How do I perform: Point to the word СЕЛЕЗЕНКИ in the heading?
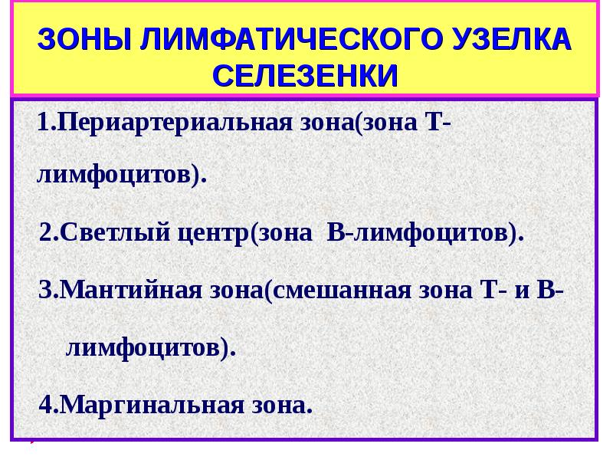pyautogui.click(x=306, y=75)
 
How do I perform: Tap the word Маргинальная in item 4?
pyautogui.click(x=145, y=404)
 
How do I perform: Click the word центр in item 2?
pyautogui.click(x=210, y=232)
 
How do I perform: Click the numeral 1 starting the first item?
pyautogui.click(x=44, y=123)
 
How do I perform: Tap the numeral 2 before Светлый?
pyautogui.click(x=46, y=232)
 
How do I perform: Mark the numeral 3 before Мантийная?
pyautogui.click(x=46, y=291)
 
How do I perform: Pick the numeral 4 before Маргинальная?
pyautogui.click(x=46, y=404)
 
